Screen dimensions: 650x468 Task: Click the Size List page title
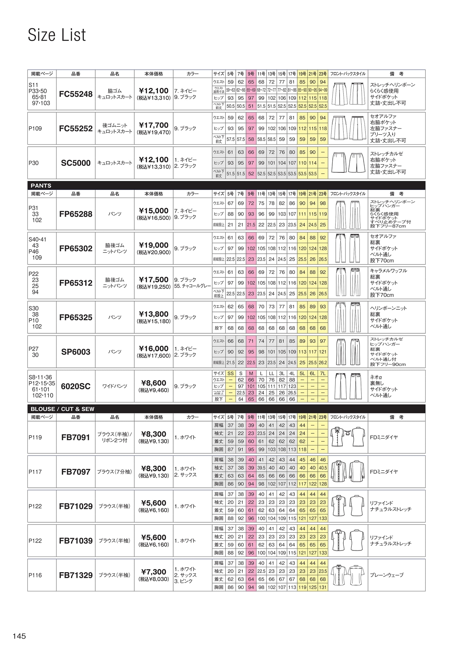tap(57, 35)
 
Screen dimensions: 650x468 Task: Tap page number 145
tap(19, 636)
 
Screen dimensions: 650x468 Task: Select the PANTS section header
tap(41, 186)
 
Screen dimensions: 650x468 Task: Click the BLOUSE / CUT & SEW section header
tap(63, 409)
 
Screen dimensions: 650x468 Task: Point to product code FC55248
tap(76, 94)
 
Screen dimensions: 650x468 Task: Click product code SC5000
tap(76, 163)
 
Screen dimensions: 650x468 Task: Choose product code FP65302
tap(76, 248)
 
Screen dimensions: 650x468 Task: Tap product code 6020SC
tap(76, 386)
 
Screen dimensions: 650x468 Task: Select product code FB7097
tap(76, 472)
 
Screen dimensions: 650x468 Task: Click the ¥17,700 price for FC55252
tap(154, 125)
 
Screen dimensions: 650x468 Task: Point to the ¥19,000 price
tap(154, 245)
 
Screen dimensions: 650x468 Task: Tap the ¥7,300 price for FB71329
tap(154, 572)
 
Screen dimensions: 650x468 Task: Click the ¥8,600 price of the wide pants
tap(154, 383)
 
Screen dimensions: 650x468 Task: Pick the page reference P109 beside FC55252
tap(35, 129)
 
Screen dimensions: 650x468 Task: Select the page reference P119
tap(35, 437)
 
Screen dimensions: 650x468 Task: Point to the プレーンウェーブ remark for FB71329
tap(387, 575)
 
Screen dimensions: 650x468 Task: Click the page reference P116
tap(35, 575)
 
